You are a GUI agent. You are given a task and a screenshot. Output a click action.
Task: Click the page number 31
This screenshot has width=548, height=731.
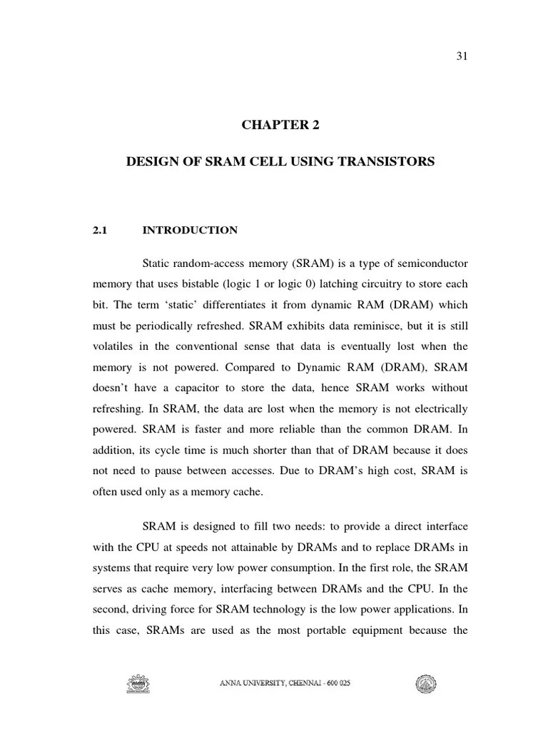(461, 57)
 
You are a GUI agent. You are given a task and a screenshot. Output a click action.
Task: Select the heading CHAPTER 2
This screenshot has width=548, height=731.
(280, 125)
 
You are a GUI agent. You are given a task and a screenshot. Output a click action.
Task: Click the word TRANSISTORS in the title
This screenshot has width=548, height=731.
(385, 162)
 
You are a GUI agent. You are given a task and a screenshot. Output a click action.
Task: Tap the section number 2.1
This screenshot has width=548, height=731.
(100, 231)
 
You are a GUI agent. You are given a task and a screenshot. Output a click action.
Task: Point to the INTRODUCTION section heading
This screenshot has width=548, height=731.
(190, 231)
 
